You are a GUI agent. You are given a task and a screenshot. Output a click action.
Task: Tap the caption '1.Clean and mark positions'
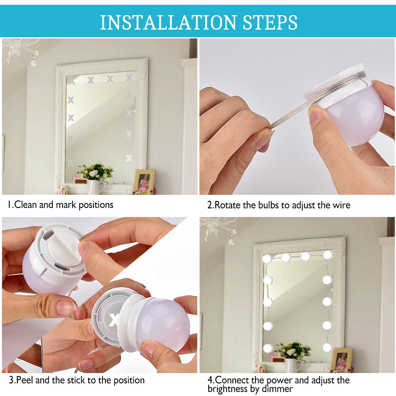click(61, 205)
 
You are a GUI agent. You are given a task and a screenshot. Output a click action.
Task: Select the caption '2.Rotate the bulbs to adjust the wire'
click(279, 205)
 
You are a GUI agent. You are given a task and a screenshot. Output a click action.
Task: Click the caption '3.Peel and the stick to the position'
click(77, 381)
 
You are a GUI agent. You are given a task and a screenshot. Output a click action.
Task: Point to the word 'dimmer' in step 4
click(278, 389)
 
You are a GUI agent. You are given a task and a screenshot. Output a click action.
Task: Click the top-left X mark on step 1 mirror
click(71, 80)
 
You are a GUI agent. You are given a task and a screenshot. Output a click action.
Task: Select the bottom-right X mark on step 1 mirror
click(129, 158)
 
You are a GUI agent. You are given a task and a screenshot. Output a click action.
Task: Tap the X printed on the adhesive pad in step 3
click(114, 319)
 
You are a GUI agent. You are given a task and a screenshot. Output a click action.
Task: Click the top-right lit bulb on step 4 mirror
click(327, 255)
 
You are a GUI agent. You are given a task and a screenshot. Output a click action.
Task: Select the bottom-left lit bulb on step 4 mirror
click(268, 348)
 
